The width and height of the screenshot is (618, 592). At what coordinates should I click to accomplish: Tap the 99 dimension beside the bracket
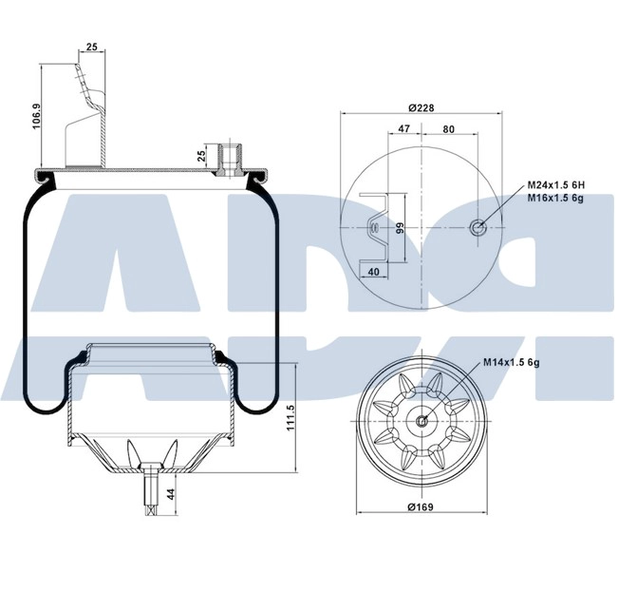click(400, 227)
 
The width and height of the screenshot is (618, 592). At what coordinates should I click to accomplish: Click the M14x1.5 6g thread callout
click(513, 362)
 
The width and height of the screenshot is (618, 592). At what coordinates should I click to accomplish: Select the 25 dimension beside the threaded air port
click(201, 156)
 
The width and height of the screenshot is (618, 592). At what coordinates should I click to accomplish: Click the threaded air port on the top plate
click(229, 158)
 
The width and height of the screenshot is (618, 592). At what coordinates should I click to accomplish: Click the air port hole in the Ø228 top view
click(479, 226)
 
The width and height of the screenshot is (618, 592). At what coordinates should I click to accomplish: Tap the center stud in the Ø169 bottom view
click(422, 421)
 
